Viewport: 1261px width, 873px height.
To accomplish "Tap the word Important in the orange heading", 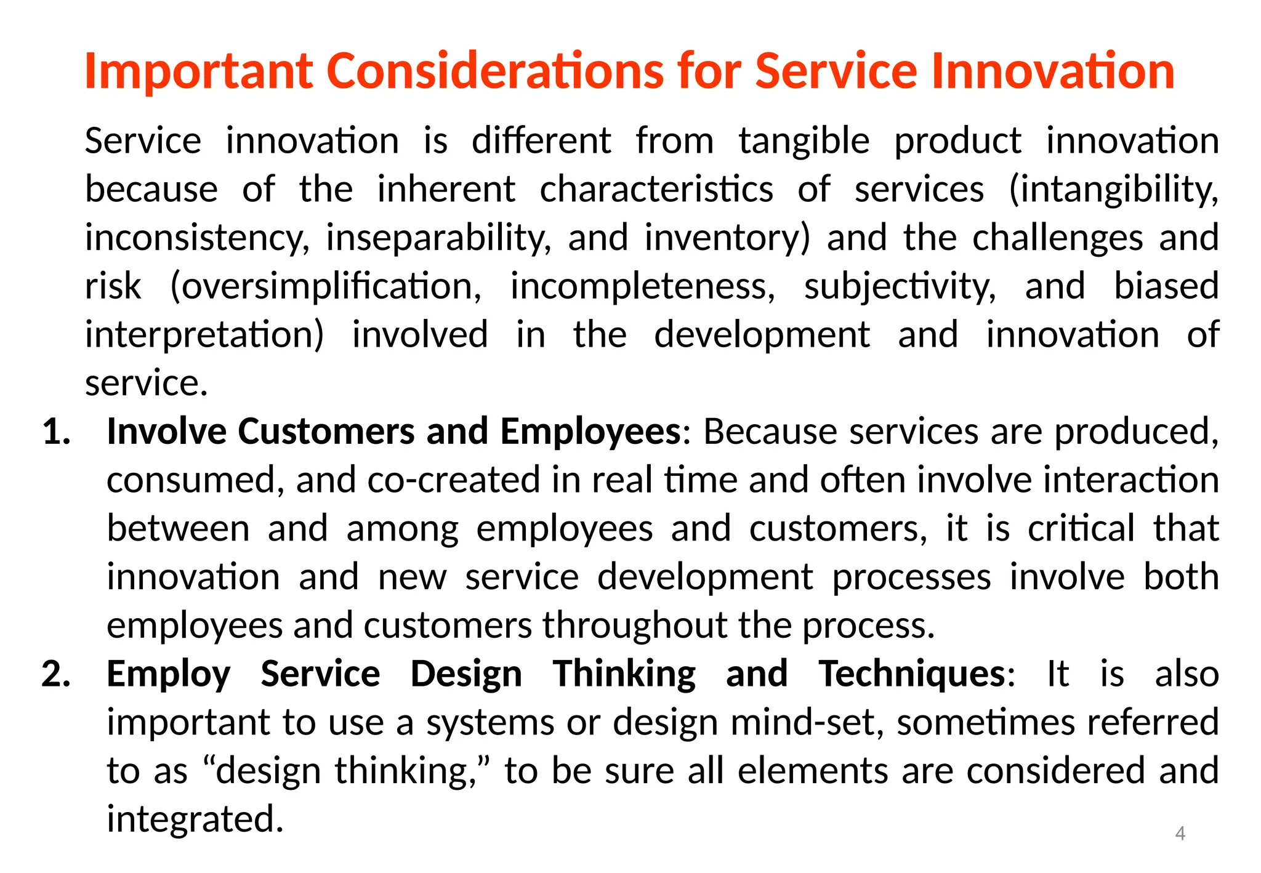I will coord(199,71).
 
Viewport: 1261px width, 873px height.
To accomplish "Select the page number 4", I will coord(1180,833).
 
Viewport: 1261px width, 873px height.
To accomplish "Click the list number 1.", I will coord(57,431).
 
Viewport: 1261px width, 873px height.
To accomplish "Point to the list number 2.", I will coord(57,674).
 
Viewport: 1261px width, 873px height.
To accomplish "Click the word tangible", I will coord(804,142).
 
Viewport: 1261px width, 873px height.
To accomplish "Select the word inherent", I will coord(446,190).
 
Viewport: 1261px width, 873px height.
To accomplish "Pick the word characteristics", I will coord(656,190).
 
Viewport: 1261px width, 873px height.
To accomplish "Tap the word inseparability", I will coord(438,238).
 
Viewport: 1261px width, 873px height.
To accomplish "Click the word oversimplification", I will coord(326,287).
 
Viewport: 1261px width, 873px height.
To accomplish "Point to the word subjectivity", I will coord(900,287).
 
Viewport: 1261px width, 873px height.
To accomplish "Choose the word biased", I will coord(1166,287).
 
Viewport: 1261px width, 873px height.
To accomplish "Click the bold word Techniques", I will coord(911,674).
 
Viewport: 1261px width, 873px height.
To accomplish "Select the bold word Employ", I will coord(169,674).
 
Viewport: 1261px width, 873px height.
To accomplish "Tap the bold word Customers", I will coord(326,431).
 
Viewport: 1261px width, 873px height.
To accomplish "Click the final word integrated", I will coord(195,819).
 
